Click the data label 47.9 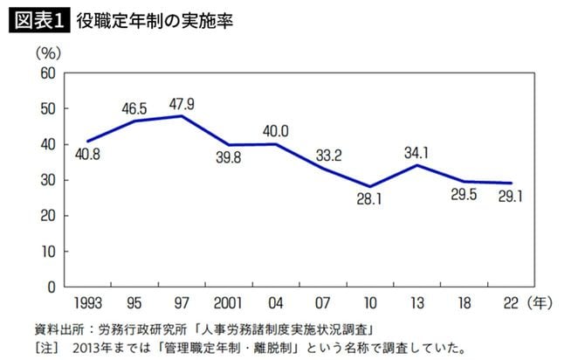coord(181,104)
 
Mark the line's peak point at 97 coord(181,115)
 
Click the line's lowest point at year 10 coord(370,186)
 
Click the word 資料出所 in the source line coord(53,329)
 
